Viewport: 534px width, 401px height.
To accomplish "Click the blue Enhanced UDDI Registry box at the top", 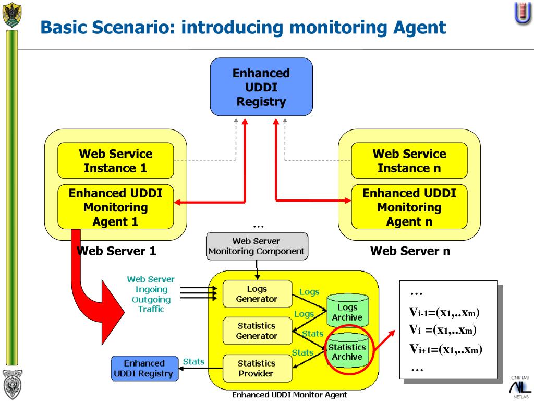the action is pos(261,87).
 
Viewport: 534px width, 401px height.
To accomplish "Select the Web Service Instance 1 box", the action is pos(115,161).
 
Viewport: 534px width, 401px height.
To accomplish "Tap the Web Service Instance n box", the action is pos(409,161).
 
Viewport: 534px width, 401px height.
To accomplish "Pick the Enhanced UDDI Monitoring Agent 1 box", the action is pos(115,207).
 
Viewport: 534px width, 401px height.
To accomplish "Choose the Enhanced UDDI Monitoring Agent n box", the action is pos(409,207).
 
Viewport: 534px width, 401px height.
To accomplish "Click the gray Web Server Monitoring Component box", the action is pos(257,246).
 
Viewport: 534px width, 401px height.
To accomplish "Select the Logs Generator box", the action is pos(257,294).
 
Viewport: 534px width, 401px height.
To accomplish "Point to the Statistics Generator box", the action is pos(257,331).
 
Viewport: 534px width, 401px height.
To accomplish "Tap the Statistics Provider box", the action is pos(257,368).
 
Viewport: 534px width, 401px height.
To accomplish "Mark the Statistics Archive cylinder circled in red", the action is pos(348,350).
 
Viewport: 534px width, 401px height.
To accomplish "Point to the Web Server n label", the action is pos(410,251).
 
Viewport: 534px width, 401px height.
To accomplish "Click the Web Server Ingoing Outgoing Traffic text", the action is pos(151,294).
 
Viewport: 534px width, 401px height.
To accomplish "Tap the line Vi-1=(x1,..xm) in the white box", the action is pos(444,312).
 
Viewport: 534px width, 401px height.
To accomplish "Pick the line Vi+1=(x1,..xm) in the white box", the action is pos(445,349).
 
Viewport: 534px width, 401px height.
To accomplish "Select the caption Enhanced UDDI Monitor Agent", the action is pos(289,395).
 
